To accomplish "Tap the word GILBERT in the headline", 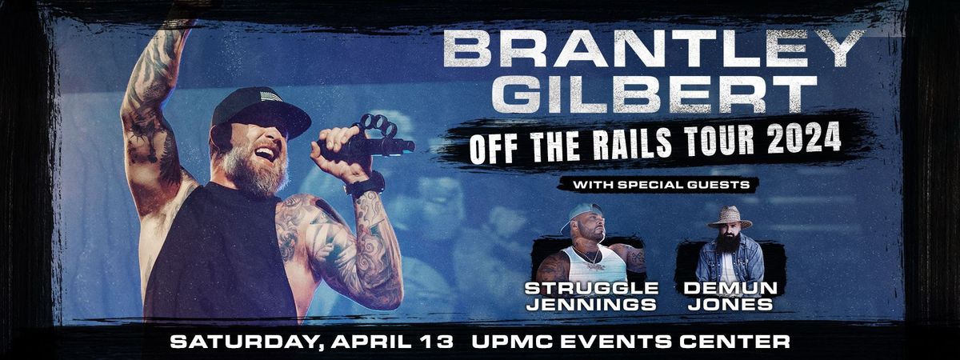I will tap(654, 94).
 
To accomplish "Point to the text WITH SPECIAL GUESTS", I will tap(661, 185).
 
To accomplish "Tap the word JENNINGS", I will tap(591, 305).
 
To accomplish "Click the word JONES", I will tap(730, 305).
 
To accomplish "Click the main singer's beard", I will tap(248, 172).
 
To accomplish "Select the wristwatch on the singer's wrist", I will tap(366, 186).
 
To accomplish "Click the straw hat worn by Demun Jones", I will tap(729, 216).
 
